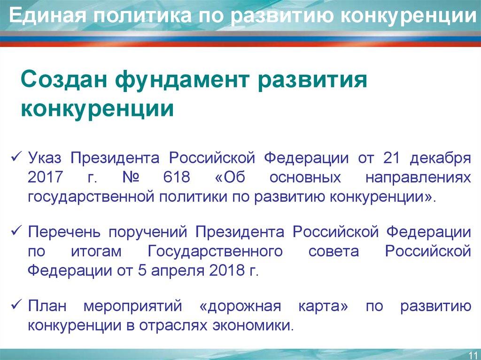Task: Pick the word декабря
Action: [x=440, y=158]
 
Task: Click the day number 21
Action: [x=390, y=158]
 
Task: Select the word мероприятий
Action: [x=132, y=307]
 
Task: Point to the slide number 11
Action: [x=473, y=353]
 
